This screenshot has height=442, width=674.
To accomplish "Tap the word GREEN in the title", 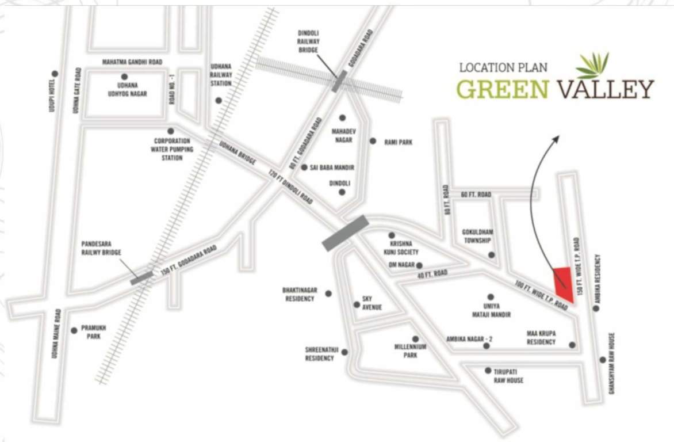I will point(501,90).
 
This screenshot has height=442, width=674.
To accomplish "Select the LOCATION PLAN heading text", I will point(503,68).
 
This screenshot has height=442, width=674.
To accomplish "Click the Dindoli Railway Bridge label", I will point(312,41).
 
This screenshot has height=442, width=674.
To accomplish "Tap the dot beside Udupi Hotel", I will point(55,74).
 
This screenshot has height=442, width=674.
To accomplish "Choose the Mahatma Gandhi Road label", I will point(132,62).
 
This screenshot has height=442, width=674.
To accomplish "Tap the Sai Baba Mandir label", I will point(331,167).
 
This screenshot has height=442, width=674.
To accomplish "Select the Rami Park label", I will point(399,142).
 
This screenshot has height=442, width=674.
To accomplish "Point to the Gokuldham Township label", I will point(478,236).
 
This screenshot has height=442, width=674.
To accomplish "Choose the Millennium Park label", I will point(410,351).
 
